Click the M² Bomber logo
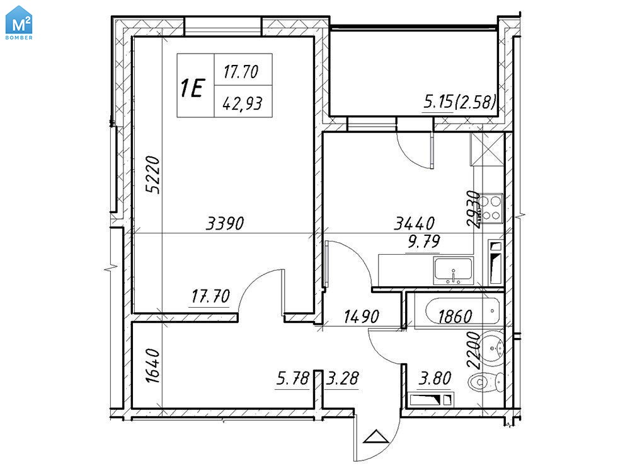20,23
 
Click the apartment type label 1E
193,88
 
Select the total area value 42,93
243,104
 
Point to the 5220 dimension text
152,175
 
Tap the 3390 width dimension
225,223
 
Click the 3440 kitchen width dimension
415,223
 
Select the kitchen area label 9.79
423,242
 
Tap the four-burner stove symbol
492,209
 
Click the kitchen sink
453,271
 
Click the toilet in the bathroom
486,382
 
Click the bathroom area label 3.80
435,378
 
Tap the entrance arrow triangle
376,436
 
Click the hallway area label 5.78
293,378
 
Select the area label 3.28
342,378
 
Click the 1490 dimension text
361,317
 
